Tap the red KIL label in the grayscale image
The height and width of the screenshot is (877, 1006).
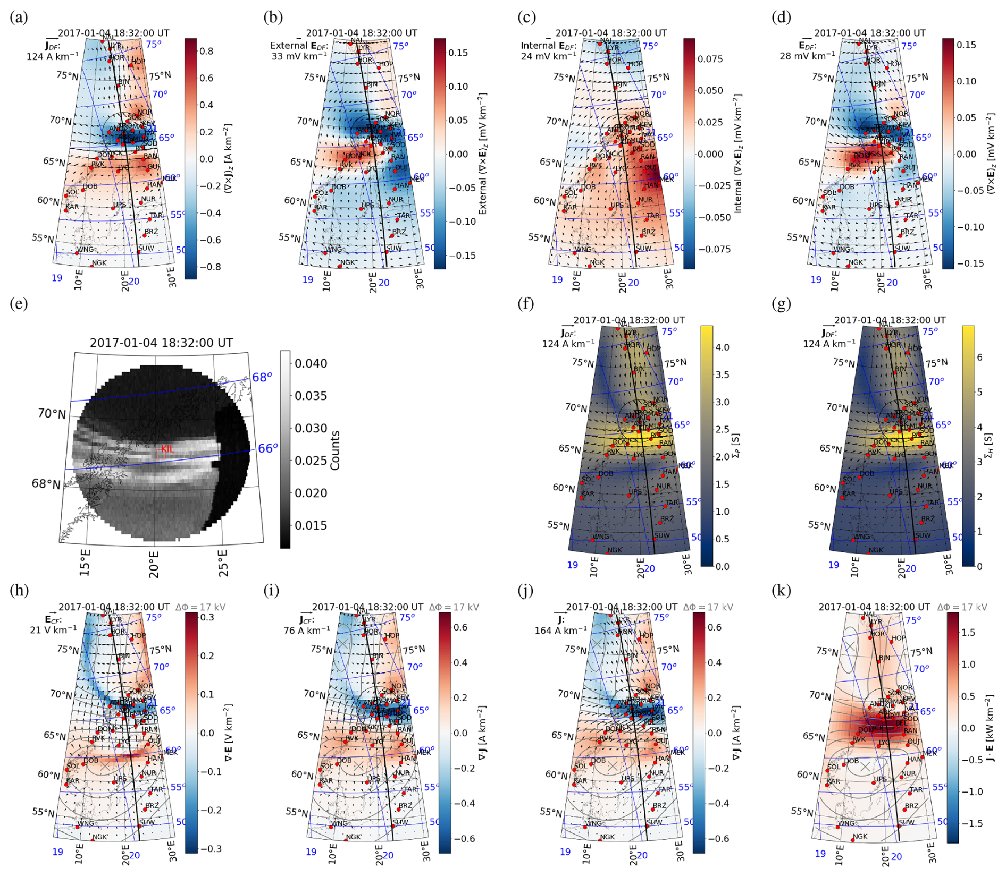167,449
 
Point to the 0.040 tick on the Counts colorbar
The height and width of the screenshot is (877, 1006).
311,363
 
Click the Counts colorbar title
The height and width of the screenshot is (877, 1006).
335,450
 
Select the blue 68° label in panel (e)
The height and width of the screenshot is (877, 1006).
262,377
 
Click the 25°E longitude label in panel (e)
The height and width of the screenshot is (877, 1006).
223,563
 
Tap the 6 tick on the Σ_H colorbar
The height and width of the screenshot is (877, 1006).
979,357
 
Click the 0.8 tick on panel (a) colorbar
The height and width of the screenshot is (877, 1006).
206,51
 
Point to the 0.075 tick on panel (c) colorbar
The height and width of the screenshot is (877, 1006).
710,59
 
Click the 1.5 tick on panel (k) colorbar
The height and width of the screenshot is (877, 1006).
968,632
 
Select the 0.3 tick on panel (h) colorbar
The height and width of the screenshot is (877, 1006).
207,617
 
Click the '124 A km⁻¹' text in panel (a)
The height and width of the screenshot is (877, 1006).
52,56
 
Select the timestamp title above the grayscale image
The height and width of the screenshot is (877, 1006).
161,343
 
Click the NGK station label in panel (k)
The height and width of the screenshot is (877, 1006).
859,836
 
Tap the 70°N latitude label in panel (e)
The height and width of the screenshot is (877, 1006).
52,413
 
